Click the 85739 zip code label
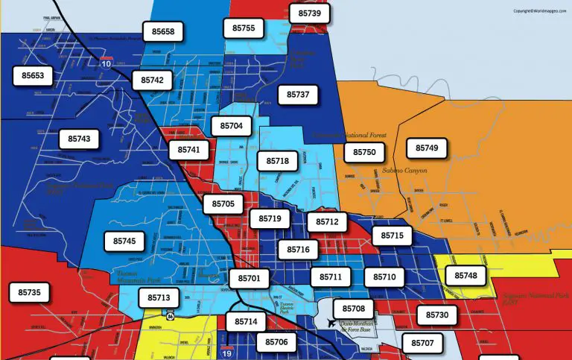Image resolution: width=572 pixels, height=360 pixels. (309, 13)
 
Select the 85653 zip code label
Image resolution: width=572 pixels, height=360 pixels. (33, 76)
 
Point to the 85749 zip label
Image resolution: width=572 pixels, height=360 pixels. (427, 148)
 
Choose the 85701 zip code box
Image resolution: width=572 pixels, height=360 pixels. (249, 279)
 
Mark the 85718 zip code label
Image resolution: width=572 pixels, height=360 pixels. (277, 161)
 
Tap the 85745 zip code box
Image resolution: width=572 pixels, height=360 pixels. (124, 241)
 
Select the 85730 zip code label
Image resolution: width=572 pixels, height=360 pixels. (437, 315)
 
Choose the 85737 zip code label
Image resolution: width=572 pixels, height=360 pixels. (297, 95)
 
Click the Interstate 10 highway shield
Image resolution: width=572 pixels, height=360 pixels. (107, 63)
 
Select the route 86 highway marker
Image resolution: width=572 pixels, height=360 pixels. (171, 315)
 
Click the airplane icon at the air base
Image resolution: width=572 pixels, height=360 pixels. (331, 323)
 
